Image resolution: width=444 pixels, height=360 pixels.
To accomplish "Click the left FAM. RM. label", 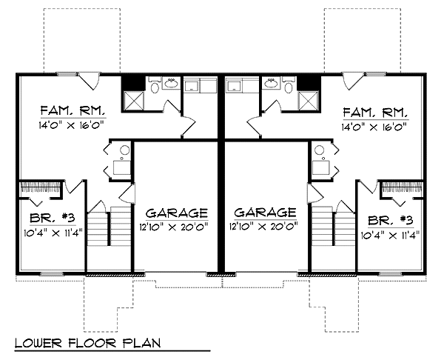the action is point(73,110).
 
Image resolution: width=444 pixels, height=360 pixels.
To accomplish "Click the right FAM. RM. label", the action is point(375,113).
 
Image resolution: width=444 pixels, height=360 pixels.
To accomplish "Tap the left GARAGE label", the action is point(177,213).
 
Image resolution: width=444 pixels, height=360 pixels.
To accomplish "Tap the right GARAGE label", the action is point(266,213).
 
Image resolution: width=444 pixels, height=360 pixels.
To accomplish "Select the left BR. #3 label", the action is point(53,219).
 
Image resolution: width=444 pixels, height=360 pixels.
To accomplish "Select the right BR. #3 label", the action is point(391,220).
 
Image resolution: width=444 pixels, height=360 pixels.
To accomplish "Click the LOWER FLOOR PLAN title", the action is point(88,343).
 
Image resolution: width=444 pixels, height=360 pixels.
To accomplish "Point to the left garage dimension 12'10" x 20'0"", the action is point(175,227).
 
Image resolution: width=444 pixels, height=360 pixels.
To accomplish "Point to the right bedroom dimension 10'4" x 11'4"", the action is point(390,236).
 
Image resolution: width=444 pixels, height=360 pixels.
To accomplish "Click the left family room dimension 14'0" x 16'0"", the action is point(71,125).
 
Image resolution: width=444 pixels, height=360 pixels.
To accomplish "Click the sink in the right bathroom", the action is point(272,83).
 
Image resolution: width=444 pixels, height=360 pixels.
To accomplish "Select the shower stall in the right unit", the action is point(309,101).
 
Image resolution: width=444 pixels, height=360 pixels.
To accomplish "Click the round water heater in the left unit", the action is point(124,150).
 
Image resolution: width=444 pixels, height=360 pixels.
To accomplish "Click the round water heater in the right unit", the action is point(319,150).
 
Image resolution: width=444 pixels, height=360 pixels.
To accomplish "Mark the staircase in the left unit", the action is point(110,227).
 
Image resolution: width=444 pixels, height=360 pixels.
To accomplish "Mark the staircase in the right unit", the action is point(334,226).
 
